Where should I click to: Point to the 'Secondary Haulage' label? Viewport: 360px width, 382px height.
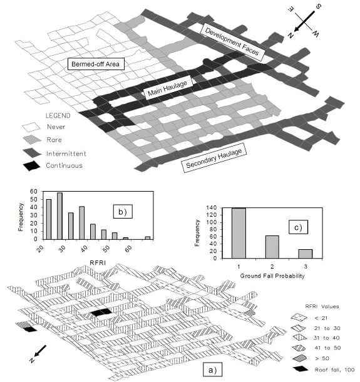click(x=213, y=158)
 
